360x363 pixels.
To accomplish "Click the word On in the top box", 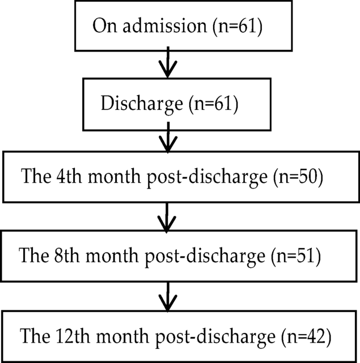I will click(102, 27).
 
